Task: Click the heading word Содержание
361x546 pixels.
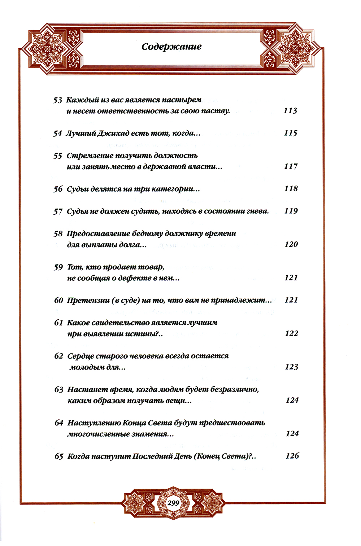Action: pos(171,47)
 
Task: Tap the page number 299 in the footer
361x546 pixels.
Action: pos(174,503)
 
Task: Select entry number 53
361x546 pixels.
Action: pos(57,100)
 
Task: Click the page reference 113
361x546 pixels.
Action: pos(290,111)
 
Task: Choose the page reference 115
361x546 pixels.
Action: pos(291,133)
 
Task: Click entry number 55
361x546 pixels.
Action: pos(58,156)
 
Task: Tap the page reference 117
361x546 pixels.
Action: pos(291,166)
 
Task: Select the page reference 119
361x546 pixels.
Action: pos(291,211)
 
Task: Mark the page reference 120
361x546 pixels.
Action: pos(291,244)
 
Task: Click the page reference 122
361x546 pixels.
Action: pos(292,333)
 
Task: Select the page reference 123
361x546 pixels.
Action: pos(292,367)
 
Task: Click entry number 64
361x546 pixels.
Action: pos(59,423)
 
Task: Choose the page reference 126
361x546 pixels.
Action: pos(292,456)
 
